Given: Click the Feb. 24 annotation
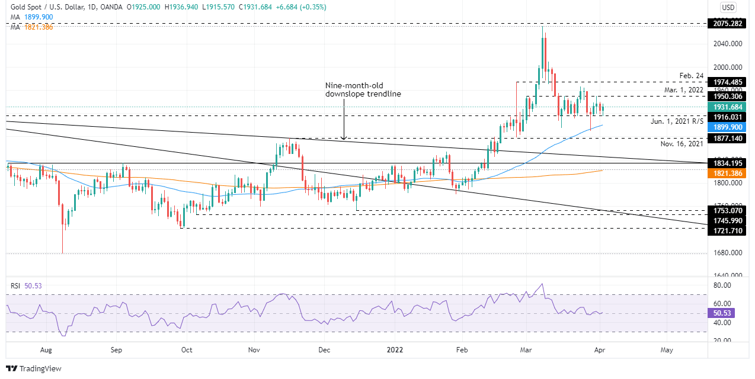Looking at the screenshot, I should (691, 76).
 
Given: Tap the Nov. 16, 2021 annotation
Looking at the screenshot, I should (682, 144).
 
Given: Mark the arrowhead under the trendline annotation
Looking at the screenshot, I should (344, 138).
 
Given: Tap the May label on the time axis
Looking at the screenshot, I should (667, 350).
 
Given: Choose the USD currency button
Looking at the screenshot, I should (728, 8).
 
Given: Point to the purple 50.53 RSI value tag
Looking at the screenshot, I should (721, 313).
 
